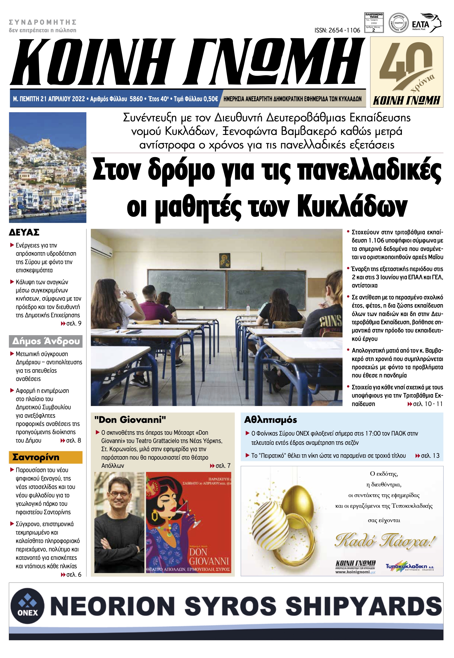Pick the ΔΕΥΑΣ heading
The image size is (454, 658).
click(24, 232)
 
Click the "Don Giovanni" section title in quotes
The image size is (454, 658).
click(130, 419)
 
